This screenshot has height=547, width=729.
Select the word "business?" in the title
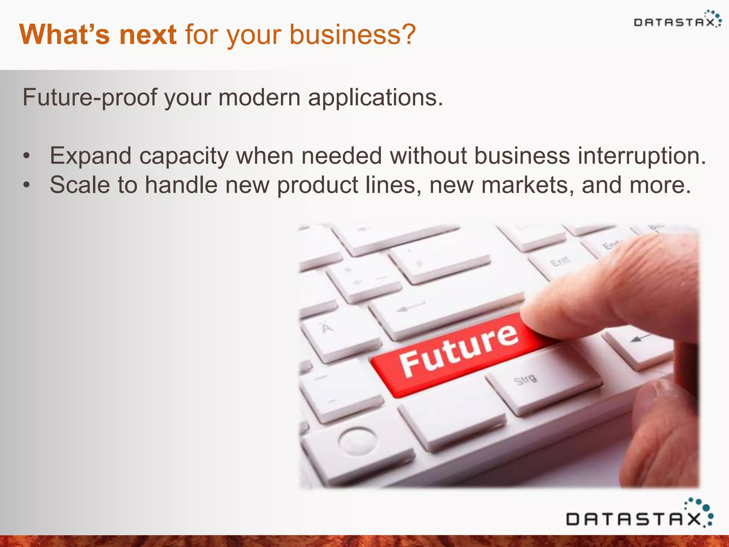coord(352,35)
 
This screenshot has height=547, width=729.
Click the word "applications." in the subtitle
coord(376,97)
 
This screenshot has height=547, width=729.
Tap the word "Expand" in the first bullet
coord(90,156)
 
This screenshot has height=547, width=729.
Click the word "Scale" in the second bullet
coord(80,185)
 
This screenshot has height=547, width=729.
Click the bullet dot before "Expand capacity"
coord(26,157)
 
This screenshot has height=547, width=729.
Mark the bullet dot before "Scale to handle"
coord(26,186)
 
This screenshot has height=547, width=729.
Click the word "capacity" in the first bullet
coord(183,156)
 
